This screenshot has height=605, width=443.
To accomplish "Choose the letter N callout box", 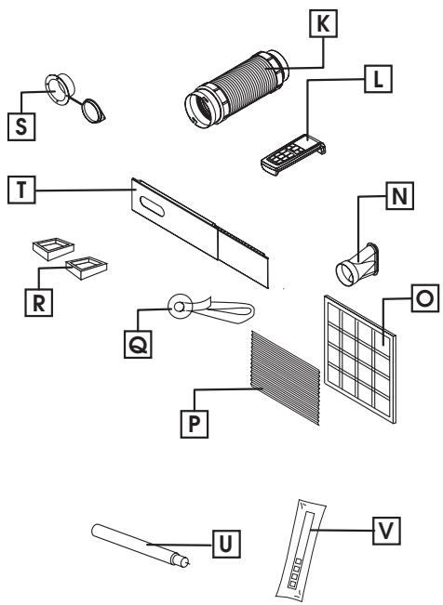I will (x=398, y=197).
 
